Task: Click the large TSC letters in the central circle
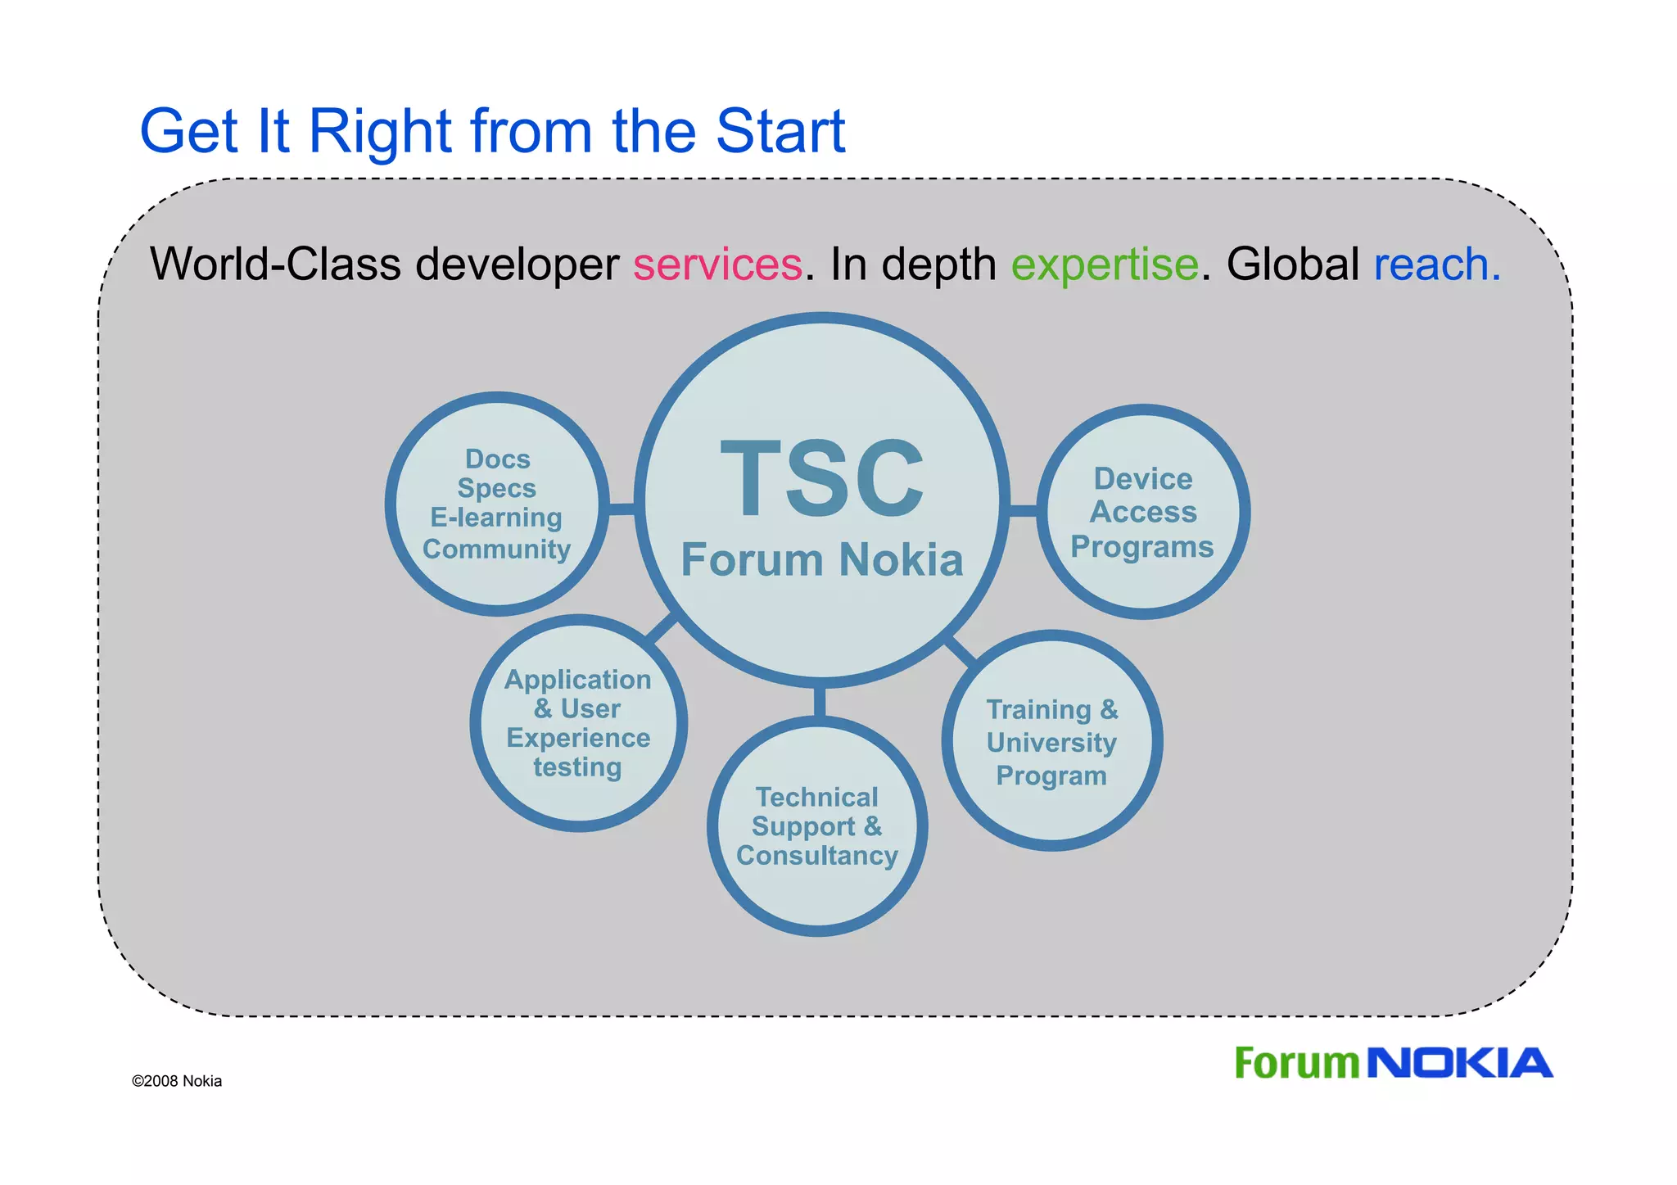pyautogui.click(x=822, y=478)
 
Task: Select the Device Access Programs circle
pyautogui.click(x=1143, y=512)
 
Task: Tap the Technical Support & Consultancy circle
pyautogui.click(x=817, y=826)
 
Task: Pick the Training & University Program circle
pyautogui.click(x=1052, y=741)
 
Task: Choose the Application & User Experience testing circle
pyautogui.click(x=578, y=723)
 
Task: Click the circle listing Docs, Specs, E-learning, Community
pyautogui.click(x=497, y=504)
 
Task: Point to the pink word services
pyautogui.click(x=717, y=265)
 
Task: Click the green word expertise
pyautogui.click(x=1105, y=265)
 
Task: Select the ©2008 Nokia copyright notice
pyautogui.click(x=177, y=1081)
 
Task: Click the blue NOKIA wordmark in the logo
pyautogui.click(x=1461, y=1064)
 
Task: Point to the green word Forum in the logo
pyautogui.click(x=1296, y=1064)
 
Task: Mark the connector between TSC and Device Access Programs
pyautogui.click(x=1022, y=511)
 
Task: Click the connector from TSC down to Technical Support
pyautogui.click(x=820, y=702)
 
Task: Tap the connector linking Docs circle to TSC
pyautogui.click(x=622, y=509)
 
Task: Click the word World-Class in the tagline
pyautogui.click(x=275, y=265)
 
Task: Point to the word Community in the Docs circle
pyautogui.click(x=496, y=549)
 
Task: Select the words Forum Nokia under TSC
pyautogui.click(x=822, y=560)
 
